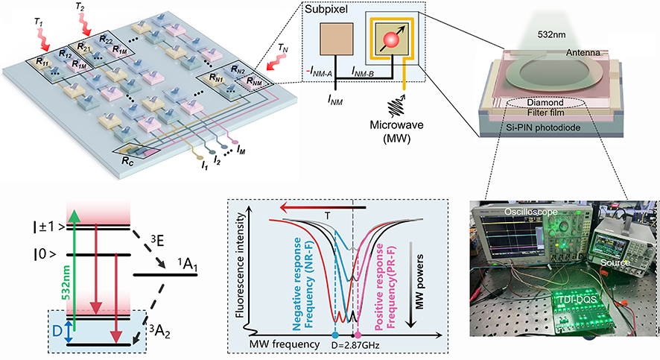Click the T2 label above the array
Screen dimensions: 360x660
(82, 8)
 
